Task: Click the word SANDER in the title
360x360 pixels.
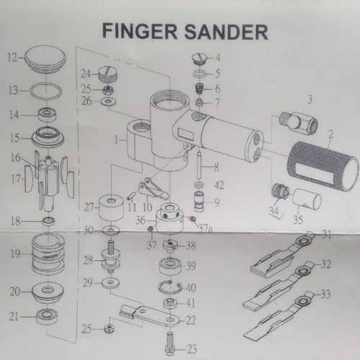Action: tap(226, 32)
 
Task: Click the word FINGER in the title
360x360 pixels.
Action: tap(140, 32)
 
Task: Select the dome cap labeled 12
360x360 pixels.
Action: tap(45, 59)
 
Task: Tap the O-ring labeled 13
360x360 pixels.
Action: tap(45, 91)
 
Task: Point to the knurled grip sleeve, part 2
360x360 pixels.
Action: tap(323, 166)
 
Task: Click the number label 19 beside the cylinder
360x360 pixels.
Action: tap(15, 253)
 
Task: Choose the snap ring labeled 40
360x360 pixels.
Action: tap(170, 287)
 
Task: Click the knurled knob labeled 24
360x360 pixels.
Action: tap(108, 74)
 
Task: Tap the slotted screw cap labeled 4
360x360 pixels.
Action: tap(199, 58)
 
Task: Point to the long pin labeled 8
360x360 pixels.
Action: tap(199, 164)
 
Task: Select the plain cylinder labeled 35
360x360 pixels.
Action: tap(307, 199)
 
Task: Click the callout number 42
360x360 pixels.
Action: tap(219, 185)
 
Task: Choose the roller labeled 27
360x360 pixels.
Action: tap(111, 208)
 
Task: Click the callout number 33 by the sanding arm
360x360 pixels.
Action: tap(325, 294)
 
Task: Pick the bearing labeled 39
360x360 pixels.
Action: tap(170, 266)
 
